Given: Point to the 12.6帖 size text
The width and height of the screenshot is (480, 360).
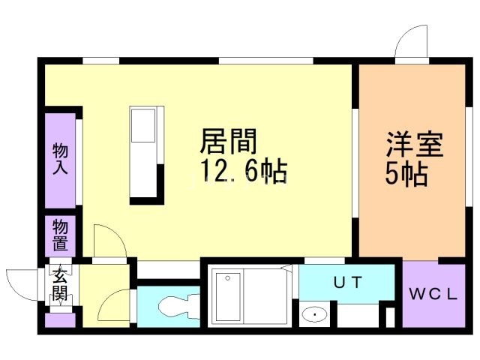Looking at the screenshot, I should (x=242, y=172).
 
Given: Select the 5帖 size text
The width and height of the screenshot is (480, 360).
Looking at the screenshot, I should (x=406, y=174).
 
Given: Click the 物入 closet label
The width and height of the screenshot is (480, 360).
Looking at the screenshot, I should (x=60, y=158).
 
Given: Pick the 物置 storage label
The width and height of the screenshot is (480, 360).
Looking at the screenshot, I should (x=60, y=235).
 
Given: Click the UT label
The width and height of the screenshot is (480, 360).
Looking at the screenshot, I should (x=348, y=283).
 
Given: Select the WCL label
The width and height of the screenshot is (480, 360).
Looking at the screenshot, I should (x=433, y=294).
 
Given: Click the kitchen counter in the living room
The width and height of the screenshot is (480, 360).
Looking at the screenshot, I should (x=145, y=154).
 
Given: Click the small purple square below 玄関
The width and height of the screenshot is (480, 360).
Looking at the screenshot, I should (x=60, y=320).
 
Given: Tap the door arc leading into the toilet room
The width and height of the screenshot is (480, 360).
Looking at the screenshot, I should (x=113, y=304).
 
